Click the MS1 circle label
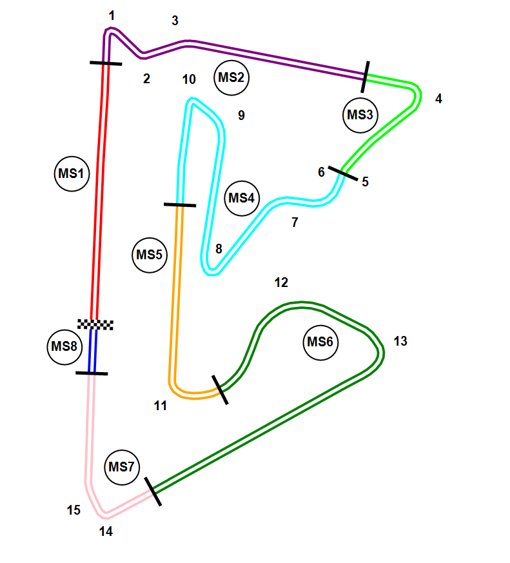[72, 173]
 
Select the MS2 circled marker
[231, 78]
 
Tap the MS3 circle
[360, 115]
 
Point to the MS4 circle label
[242, 197]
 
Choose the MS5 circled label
[149, 255]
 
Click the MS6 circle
[320, 342]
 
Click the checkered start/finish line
[95, 324]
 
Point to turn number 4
[439, 99]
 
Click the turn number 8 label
[219, 248]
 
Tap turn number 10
[189, 79]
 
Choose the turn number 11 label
[161, 406]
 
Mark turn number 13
[400, 341]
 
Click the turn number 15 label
[74, 510]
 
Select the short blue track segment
[93, 351]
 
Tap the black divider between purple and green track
[366, 77]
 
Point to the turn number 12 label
[281, 282]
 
